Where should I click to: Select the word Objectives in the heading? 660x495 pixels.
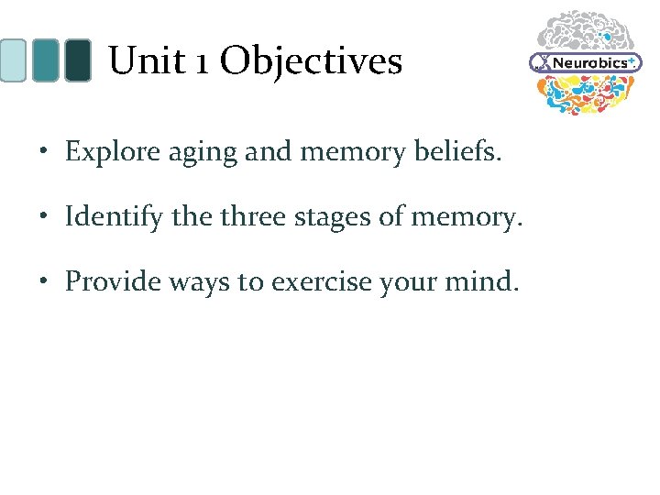point(311,62)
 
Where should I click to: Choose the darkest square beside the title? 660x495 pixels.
point(77,60)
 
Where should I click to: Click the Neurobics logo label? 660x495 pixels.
point(588,62)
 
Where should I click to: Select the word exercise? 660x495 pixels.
point(332,281)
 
